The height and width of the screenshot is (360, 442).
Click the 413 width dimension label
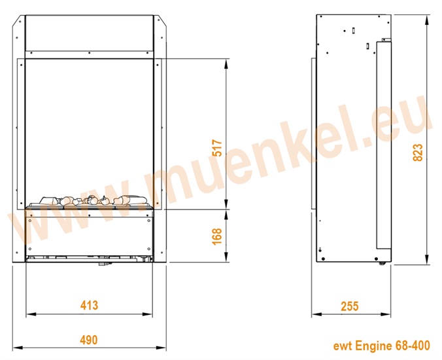point(89,305)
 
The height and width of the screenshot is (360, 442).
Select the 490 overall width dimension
point(89,340)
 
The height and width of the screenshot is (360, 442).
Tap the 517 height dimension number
point(217,147)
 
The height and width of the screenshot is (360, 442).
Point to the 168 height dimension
point(217,236)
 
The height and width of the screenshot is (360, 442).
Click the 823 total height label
point(418,153)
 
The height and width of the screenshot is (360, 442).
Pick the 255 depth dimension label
point(350,306)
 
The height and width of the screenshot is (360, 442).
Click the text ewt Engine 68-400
point(382,346)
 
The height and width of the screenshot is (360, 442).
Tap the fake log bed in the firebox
point(90,202)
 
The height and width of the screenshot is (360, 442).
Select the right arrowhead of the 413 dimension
point(148,314)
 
